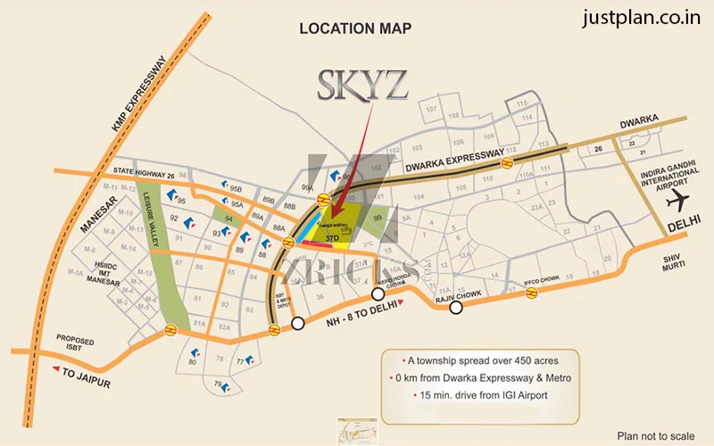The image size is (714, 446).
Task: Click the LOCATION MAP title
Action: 355,29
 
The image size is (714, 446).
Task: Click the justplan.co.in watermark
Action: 642,19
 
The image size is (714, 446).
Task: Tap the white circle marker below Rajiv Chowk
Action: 456,308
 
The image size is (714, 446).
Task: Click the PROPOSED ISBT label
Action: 75,343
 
